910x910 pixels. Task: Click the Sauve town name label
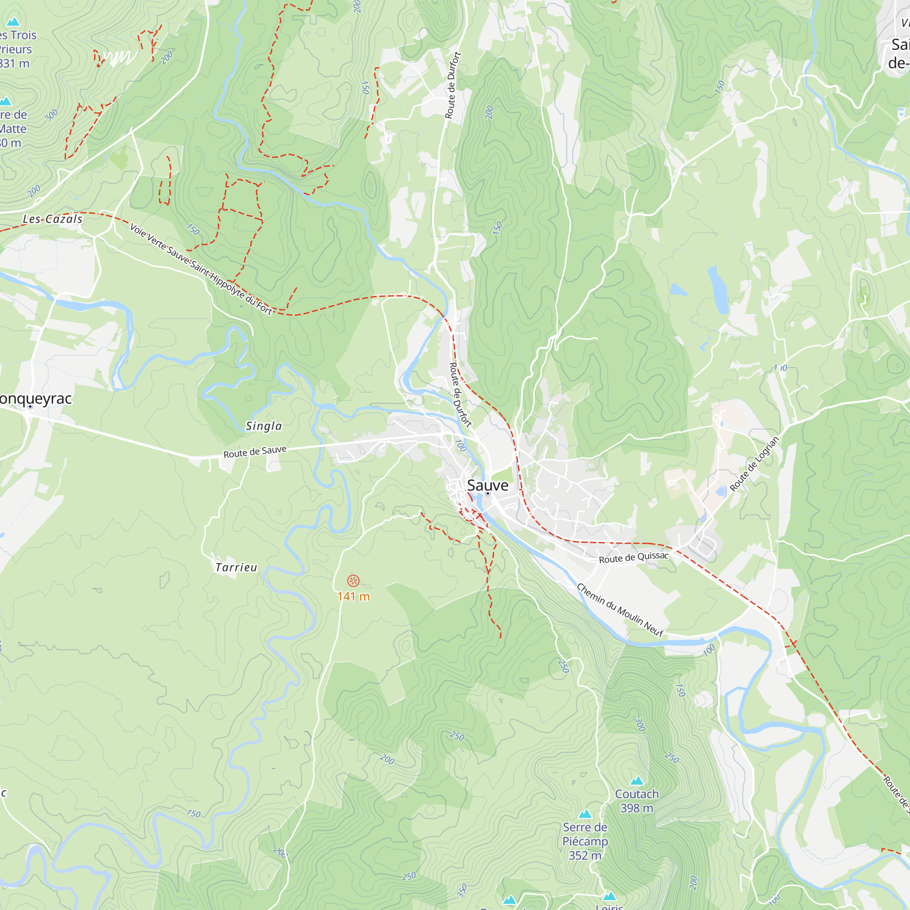(x=487, y=485)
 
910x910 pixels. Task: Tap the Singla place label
(x=264, y=426)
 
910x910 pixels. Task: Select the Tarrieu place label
(x=237, y=567)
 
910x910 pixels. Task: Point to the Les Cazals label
(x=53, y=219)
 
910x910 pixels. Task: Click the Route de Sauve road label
(x=255, y=452)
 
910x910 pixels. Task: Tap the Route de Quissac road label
(x=633, y=558)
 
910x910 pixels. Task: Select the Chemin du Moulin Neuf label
(x=620, y=611)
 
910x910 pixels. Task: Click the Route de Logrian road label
(x=754, y=464)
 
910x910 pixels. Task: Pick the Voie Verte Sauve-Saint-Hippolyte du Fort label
(x=201, y=269)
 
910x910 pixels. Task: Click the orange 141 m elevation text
(x=353, y=597)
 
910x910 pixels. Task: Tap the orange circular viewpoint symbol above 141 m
(x=353, y=580)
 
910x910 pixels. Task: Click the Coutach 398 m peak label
(x=637, y=801)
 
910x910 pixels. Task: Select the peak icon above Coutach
(x=637, y=781)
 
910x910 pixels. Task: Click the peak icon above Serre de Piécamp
(x=585, y=814)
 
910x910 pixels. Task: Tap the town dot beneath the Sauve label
(x=487, y=494)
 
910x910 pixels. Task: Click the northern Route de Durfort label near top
(x=453, y=85)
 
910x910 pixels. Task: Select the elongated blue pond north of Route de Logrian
(x=719, y=289)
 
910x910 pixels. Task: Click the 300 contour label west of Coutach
(x=640, y=724)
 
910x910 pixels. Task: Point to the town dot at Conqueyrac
(x=30, y=406)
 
